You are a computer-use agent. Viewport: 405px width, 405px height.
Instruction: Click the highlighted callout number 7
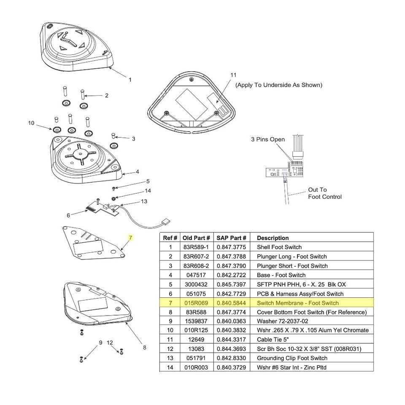131,238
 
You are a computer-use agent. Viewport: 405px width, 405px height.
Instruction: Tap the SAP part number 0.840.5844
231,303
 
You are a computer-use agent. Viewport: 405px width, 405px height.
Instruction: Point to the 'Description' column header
273,238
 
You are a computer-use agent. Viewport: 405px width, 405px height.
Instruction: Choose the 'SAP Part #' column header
231,238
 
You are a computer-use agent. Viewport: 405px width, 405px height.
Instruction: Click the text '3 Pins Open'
268,140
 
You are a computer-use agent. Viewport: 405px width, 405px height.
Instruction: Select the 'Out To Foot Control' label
324,193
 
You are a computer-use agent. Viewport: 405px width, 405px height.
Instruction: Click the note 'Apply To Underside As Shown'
278,85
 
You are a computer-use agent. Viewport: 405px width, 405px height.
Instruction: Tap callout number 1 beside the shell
130,79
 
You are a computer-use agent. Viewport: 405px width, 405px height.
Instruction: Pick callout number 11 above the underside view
233,75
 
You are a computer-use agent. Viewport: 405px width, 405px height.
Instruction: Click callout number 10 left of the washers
31,123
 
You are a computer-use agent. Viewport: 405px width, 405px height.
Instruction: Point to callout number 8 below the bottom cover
144,348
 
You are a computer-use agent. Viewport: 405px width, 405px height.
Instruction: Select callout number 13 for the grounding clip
144,201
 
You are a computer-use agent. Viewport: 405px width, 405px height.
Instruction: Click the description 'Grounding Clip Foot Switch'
292,358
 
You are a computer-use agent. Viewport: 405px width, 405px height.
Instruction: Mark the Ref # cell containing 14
170,367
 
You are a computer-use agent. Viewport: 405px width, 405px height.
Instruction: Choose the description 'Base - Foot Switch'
281,275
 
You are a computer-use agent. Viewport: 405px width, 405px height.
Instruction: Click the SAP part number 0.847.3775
231,247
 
